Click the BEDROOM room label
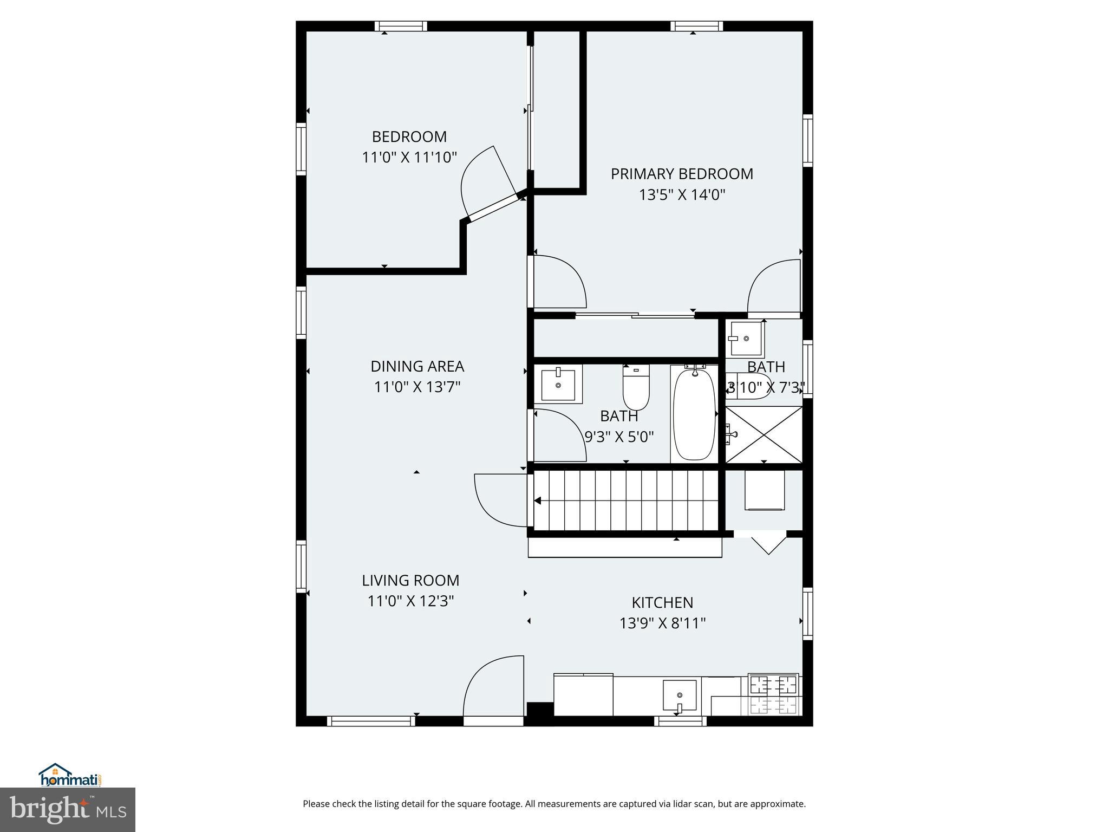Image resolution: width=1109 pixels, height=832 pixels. point(409,136)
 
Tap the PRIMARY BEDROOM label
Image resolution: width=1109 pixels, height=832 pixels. point(682,174)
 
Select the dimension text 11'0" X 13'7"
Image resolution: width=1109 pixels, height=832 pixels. point(417,387)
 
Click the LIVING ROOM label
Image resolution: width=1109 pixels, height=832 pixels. point(410,580)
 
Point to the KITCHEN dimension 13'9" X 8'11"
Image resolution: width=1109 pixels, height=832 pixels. point(662,623)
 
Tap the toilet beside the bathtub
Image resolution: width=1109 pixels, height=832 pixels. point(636,388)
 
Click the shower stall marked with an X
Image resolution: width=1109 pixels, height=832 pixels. point(764,434)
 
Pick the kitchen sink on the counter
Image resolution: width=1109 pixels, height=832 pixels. point(680,695)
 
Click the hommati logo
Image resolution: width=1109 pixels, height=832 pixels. point(70,776)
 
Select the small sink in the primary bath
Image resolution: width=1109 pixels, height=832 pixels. point(746,339)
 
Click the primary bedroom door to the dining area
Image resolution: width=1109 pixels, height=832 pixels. point(558,282)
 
